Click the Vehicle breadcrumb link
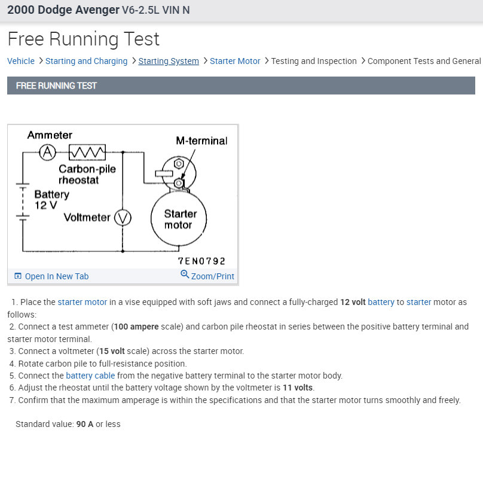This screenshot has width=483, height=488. click(x=21, y=61)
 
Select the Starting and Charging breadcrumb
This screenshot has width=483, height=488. click(x=86, y=61)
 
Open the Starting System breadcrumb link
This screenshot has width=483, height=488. click(x=169, y=61)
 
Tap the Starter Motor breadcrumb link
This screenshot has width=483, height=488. click(x=235, y=61)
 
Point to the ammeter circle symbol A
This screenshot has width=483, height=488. click(x=47, y=152)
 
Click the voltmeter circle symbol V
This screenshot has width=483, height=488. click(x=123, y=218)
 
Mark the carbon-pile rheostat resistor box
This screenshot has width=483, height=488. click(x=88, y=152)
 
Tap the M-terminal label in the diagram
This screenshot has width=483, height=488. click(x=201, y=141)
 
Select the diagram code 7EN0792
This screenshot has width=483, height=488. click(x=201, y=261)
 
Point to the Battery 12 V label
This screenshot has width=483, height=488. click(x=51, y=200)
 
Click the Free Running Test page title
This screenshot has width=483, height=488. click(x=84, y=39)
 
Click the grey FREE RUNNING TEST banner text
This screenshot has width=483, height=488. click(x=56, y=86)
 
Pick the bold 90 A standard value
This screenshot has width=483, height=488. click(x=85, y=424)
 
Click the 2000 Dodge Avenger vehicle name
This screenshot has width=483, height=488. click(x=63, y=11)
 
